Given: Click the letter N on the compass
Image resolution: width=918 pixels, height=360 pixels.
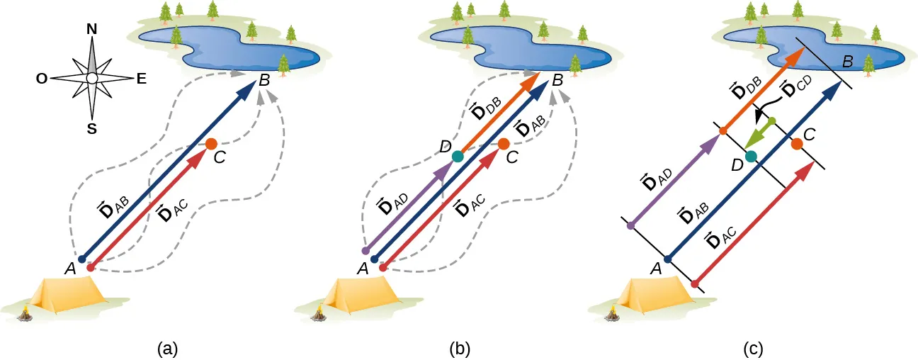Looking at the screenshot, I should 91,29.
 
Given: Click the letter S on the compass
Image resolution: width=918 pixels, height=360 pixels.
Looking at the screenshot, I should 91,128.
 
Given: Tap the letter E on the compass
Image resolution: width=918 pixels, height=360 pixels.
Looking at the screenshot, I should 141,79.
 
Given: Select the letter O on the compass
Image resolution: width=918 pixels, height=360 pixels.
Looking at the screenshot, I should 42,79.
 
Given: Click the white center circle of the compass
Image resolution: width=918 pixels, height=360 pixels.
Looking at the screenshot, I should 91,79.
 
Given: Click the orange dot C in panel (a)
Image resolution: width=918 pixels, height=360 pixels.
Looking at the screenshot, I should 211,144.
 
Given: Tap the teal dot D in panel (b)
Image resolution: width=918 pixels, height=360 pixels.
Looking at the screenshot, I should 458,156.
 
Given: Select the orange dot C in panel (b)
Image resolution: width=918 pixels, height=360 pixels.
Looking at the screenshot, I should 504,144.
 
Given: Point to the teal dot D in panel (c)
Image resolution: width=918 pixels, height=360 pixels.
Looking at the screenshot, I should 751,156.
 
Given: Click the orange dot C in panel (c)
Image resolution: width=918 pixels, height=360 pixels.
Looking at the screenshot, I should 797,144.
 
